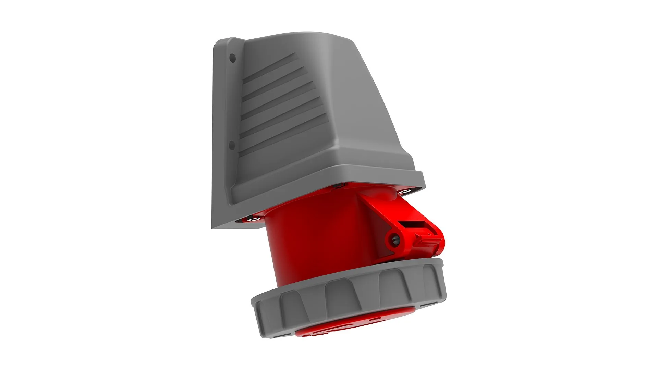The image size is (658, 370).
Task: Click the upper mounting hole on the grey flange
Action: coord(232,58)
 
